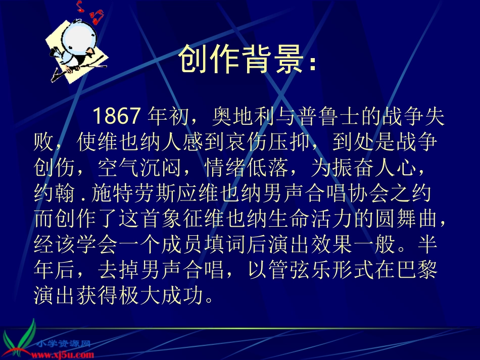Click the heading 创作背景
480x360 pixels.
tap(248, 60)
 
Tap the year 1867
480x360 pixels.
tap(116, 117)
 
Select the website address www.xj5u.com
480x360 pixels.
tap(63, 352)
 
